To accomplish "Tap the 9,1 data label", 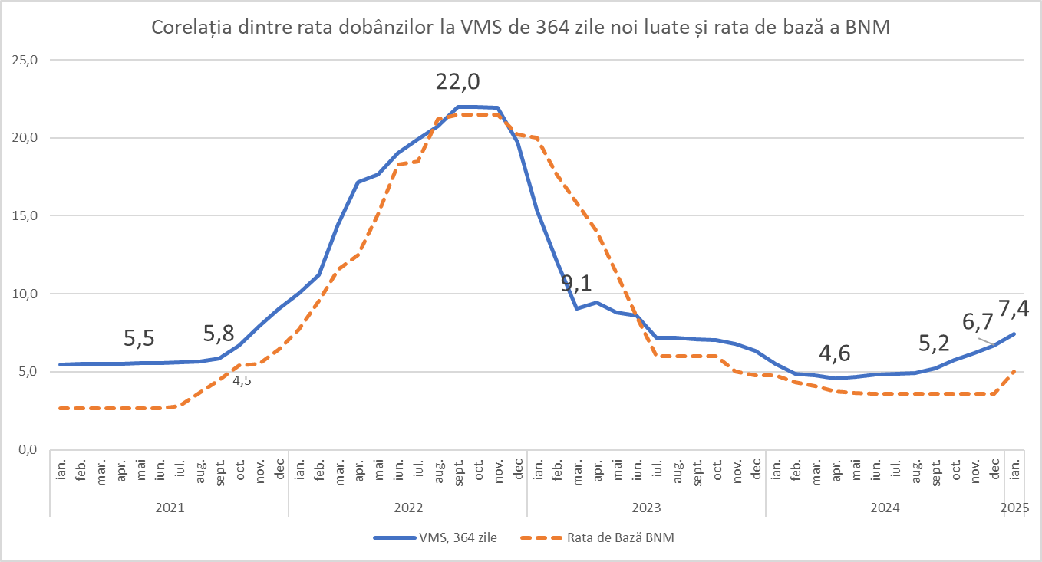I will click(576, 284).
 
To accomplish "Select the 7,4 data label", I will click(1012, 310).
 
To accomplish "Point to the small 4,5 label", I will click(242, 380).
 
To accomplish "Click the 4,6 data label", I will click(834, 353).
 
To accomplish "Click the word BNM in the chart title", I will click(867, 28).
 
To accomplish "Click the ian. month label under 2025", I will click(1014, 467).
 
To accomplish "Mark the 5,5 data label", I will click(140, 338).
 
